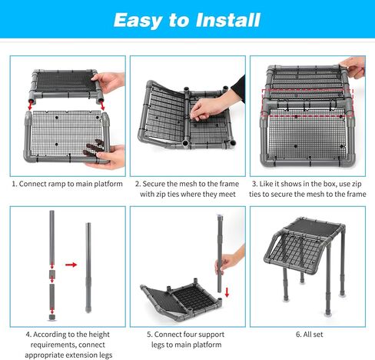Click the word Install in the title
[227, 20]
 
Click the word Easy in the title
[138, 21]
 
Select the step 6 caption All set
[309, 335]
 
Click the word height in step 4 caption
[98, 335]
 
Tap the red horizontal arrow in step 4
[71, 265]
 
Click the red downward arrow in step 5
[227, 292]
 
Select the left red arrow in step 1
[31, 105]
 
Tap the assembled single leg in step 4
[88, 268]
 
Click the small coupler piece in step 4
[51, 274]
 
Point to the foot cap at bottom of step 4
[52, 318]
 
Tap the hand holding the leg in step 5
[229, 262]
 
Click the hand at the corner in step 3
[352, 67]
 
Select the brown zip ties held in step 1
[94, 148]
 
